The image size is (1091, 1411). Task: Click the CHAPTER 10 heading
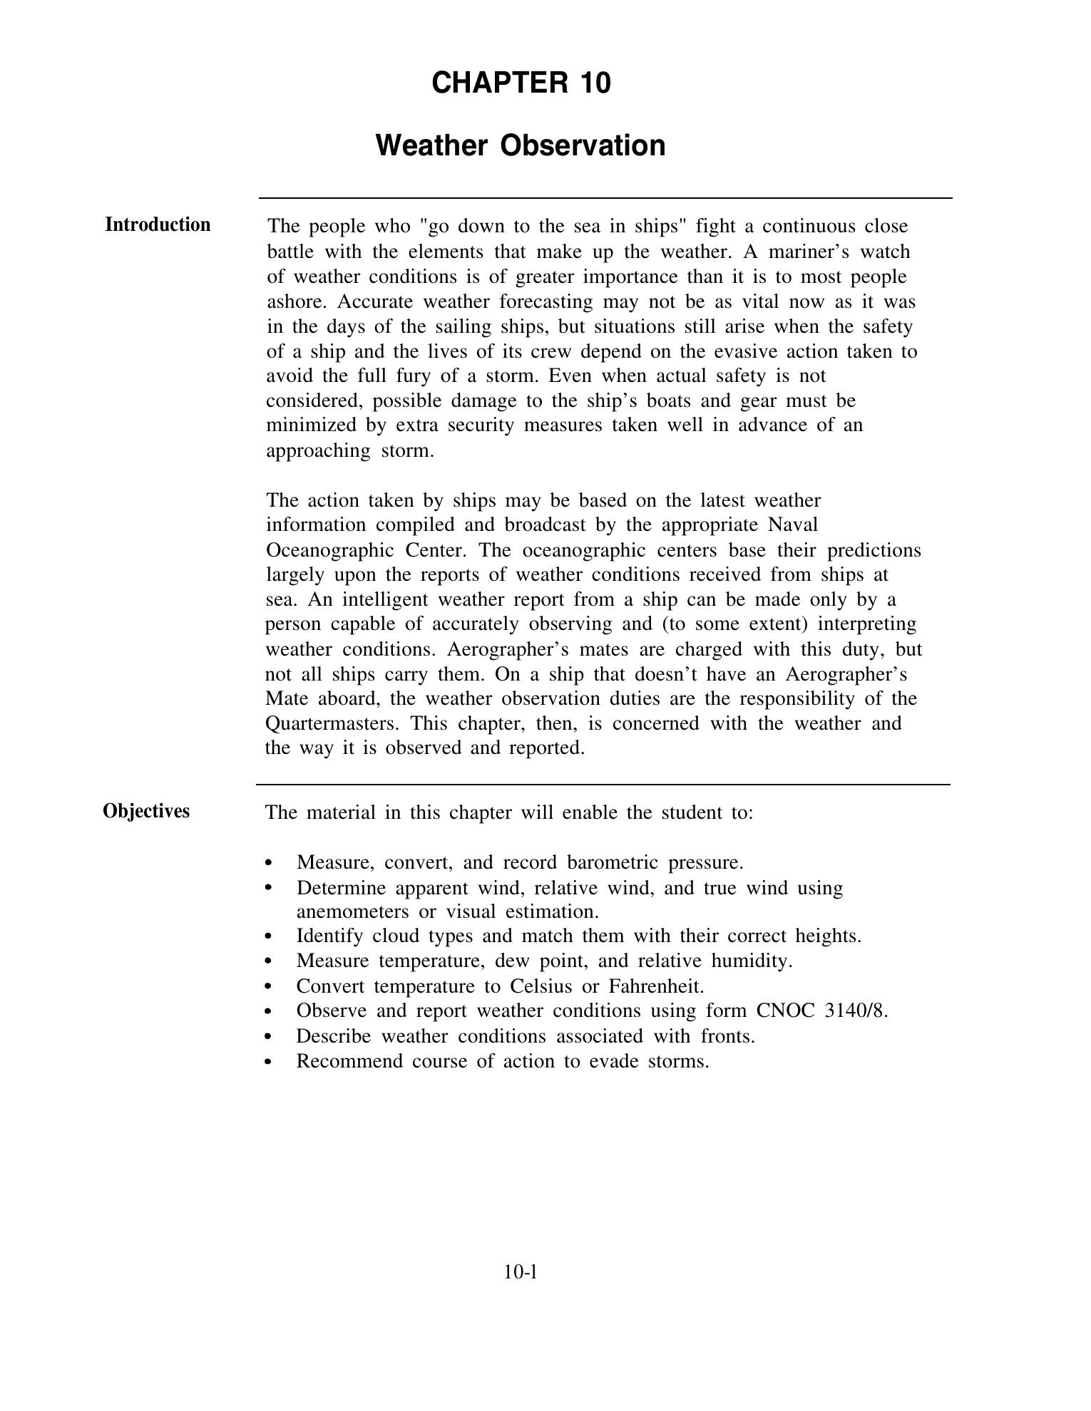tap(521, 83)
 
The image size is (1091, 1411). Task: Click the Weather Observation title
tap(521, 145)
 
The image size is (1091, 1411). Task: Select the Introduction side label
tap(158, 225)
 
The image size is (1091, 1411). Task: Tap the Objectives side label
tap(146, 812)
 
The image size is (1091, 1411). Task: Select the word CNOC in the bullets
tap(784, 1011)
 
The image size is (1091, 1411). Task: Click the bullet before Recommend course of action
tap(268, 1062)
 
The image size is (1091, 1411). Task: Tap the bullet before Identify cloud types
tap(268, 936)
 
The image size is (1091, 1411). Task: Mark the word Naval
tap(793, 525)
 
